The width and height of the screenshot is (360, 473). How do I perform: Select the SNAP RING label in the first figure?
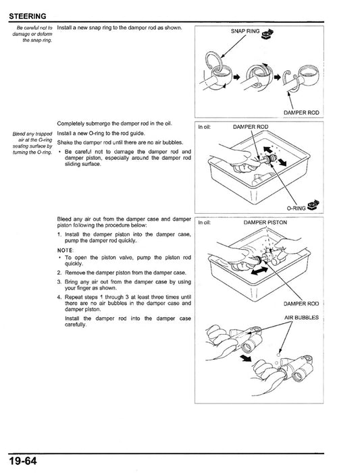click(x=245, y=31)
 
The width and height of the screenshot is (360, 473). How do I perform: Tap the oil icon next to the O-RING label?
click(x=312, y=204)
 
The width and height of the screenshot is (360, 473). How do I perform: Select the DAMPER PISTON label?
click(x=265, y=222)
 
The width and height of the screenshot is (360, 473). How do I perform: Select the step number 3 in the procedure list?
click(x=59, y=281)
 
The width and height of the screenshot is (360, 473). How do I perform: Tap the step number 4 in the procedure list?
click(x=59, y=296)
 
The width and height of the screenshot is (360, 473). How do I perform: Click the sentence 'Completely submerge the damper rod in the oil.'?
click(x=114, y=124)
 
